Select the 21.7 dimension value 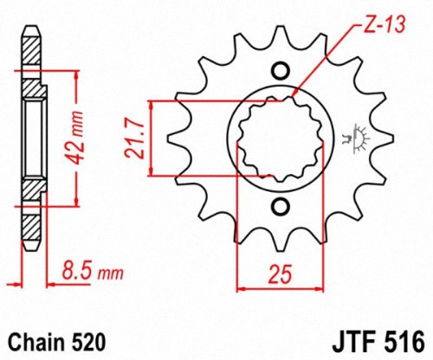[135, 138]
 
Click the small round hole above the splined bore [281, 72]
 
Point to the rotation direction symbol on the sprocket [352, 138]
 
